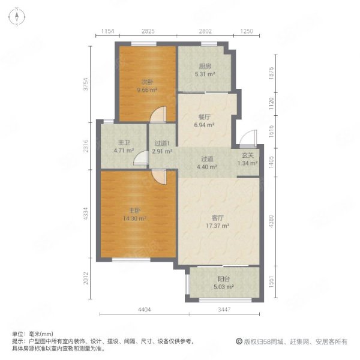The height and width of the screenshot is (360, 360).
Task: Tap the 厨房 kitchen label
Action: click(x=204, y=67)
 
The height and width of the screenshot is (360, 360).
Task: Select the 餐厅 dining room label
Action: click(x=205, y=118)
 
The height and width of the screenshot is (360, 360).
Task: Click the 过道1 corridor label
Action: click(x=162, y=143)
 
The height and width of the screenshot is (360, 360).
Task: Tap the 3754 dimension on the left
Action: click(x=86, y=83)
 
